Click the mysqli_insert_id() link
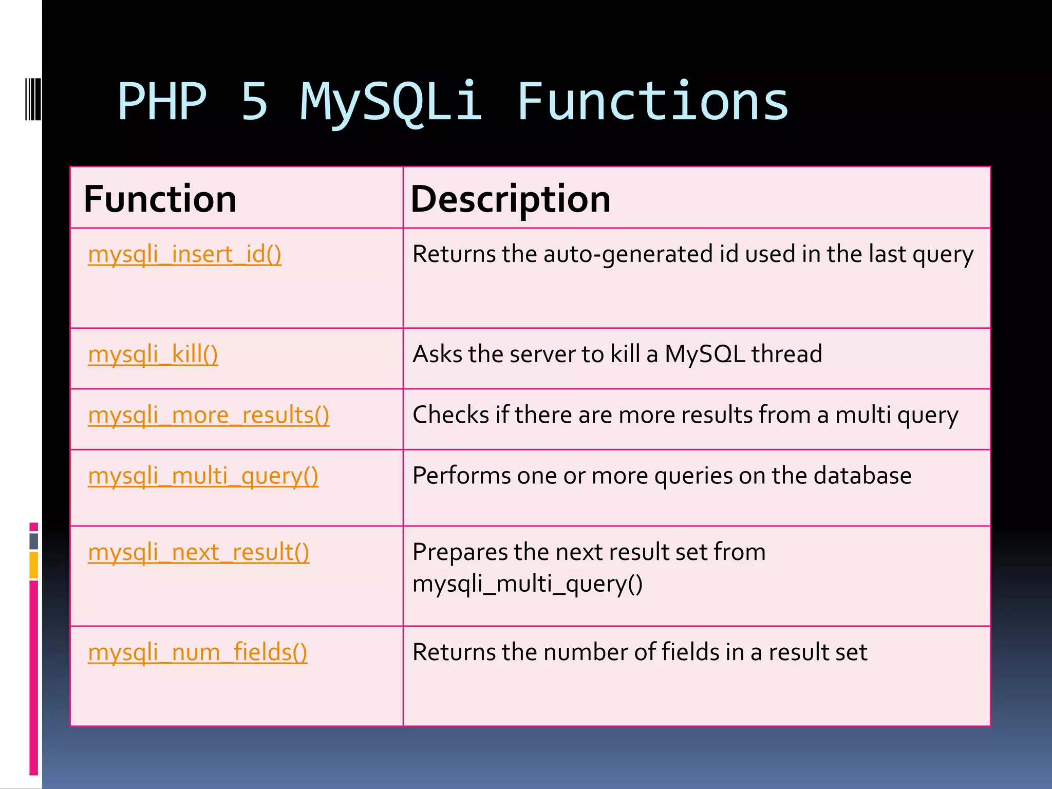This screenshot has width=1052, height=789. click(184, 255)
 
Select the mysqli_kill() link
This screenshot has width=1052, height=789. click(153, 355)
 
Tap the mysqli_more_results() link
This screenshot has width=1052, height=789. click(209, 416)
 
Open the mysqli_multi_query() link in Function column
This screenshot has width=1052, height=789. click(203, 476)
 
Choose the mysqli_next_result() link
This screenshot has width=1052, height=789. click(198, 553)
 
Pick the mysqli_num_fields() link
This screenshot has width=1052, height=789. click(197, 653)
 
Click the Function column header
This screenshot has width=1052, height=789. click(160, 199)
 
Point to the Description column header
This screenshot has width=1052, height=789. click(511, 199)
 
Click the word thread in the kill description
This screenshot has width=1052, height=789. click(786, 354)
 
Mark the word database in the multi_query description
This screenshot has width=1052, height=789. click(862, 476)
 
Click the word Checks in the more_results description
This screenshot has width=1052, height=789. click(450, 415)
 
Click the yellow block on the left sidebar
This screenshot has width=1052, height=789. click(33, 565)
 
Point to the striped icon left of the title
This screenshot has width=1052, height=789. click(33, 99)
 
